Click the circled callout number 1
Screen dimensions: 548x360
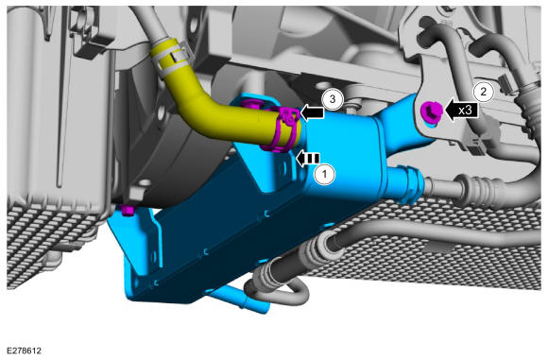point(325,173)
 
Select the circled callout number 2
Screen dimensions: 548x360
point(484,92)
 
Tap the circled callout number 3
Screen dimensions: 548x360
point(333,99)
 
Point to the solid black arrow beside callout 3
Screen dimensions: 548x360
point(312,112)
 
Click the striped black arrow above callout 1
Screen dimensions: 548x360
point(308,159)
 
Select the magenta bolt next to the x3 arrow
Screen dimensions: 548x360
point(431,111)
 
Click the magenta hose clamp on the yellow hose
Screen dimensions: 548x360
point(282,129)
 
